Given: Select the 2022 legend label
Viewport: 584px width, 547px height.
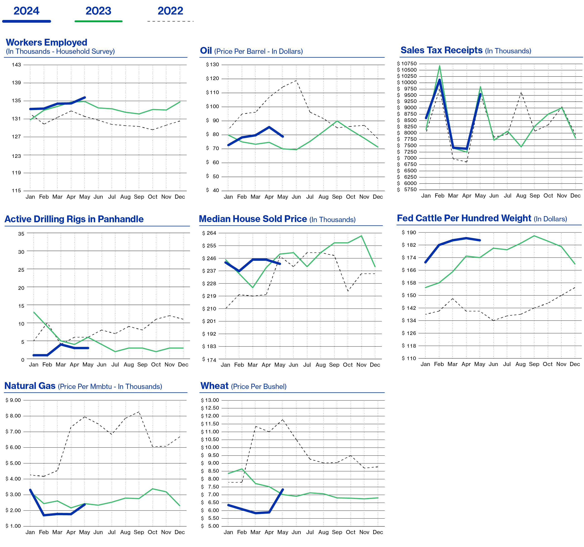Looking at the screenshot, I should [x=170, y=11].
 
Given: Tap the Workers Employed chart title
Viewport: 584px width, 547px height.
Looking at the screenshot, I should [x=46, y=42].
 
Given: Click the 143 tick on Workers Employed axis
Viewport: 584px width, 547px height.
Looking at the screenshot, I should [x=17, y=65].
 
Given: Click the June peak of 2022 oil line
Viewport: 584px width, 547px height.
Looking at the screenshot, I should [x=296, y=80].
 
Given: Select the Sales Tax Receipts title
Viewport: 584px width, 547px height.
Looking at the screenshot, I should [x=441, y=50].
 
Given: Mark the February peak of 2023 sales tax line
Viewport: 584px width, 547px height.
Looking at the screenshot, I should [x=439, y=66].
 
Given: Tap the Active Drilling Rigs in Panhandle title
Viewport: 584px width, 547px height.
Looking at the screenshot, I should [x=74, y=219].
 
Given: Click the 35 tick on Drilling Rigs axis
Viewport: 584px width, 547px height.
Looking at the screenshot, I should [x=21, y=234].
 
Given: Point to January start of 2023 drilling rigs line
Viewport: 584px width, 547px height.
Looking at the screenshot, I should [x=34, y=312].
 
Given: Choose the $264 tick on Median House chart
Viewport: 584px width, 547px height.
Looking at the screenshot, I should [x=209, y=233].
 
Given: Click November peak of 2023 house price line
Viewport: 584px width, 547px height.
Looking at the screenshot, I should [x=361, y=236].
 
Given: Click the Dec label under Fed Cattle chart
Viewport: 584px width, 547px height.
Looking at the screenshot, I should [x=575, y=364].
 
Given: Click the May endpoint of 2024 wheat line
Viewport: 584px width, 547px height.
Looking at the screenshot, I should [x=283, y=489].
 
